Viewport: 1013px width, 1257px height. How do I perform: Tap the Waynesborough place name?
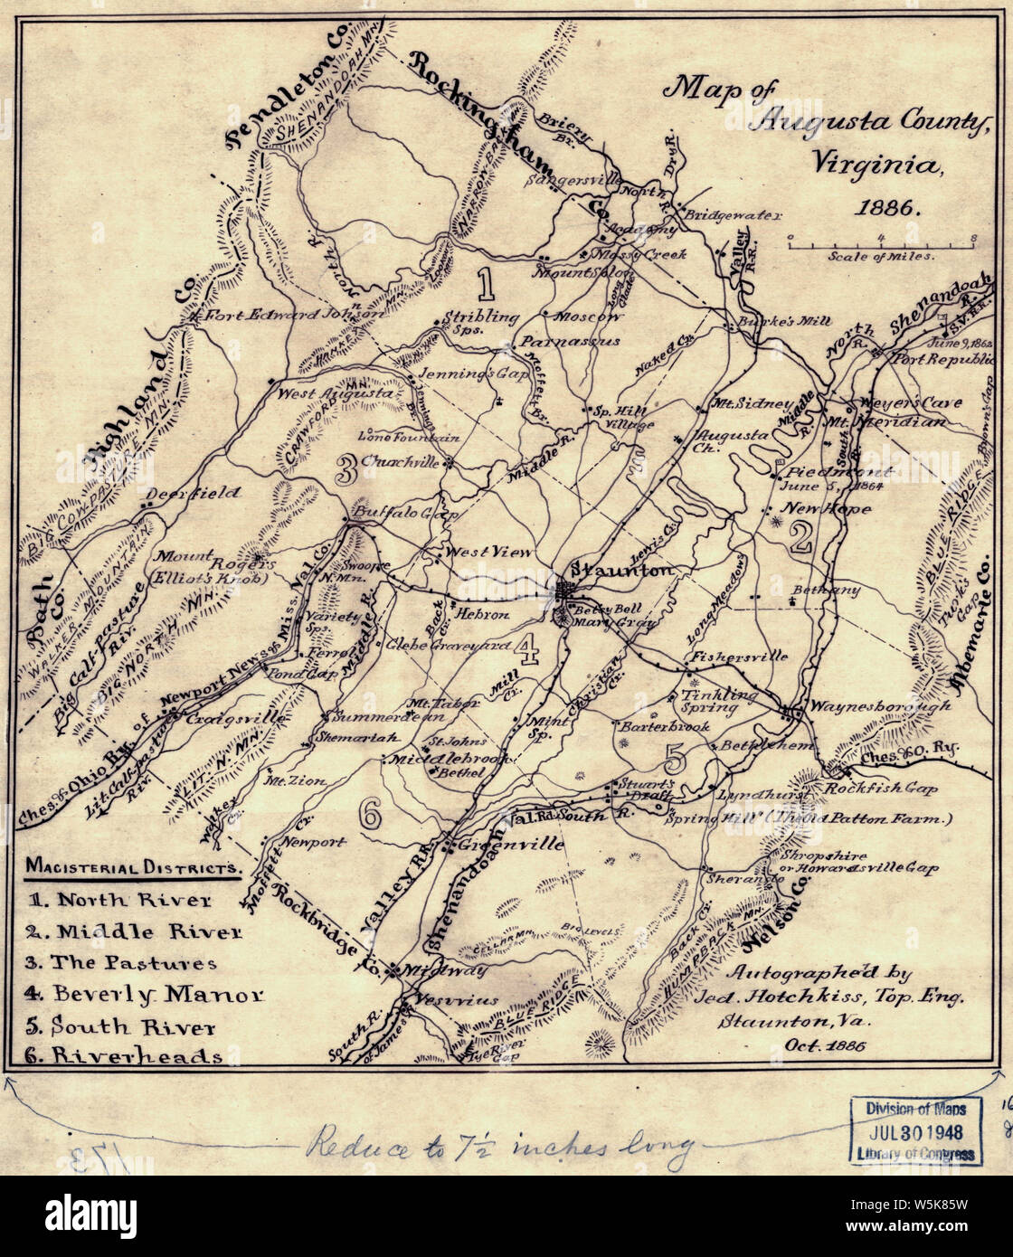(x=878, y=705)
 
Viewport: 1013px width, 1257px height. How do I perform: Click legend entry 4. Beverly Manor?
(x=145, y=994)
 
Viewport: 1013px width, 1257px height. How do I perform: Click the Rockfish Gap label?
(x=881, y=788)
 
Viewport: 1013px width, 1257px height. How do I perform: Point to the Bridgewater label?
(x=723, y=217)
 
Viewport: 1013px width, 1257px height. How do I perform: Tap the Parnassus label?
(x=568, y=342)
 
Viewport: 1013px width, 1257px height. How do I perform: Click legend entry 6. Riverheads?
(x=125, y=1055)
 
